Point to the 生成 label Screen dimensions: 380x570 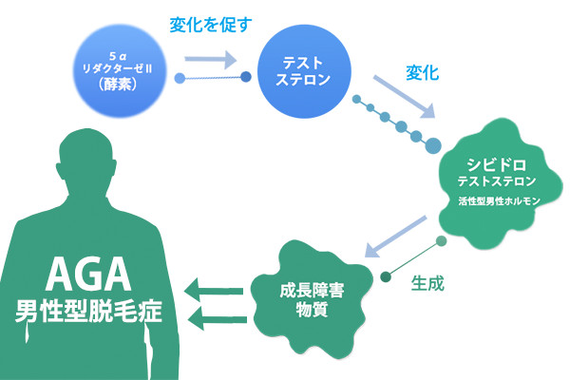428,282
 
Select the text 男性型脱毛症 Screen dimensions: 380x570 88,312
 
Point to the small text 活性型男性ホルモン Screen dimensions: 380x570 498,200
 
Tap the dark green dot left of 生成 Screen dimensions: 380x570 385,278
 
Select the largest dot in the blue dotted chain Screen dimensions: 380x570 432,144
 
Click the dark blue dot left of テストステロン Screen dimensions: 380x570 247,75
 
